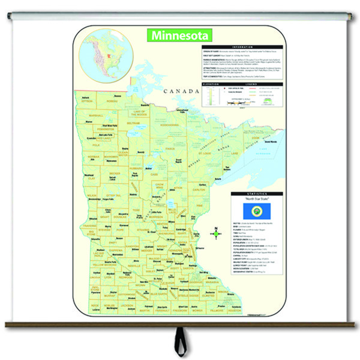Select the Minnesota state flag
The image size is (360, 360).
click(x=256, y=210)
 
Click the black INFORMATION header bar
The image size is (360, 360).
click(x=242, y=46)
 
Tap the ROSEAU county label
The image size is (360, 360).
click(x=112, y=101)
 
